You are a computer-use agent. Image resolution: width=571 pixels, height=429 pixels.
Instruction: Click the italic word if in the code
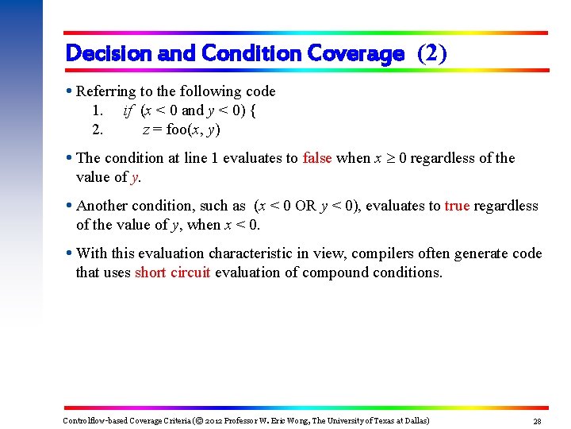[x=128, y=110]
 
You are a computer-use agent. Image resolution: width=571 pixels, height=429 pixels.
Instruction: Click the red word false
[x=317, y=158]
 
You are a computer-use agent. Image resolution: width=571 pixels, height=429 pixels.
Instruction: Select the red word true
[x=457, y=206]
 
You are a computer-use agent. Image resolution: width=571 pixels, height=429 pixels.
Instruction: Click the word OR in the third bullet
[x=305, y=206]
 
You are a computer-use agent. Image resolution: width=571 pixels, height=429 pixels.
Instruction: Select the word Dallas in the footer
[x=413, y=420]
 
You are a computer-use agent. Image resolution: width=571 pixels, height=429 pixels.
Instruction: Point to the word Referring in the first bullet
[x=105, y=91]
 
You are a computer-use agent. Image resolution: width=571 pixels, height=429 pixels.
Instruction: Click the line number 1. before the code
[x=97, y=110]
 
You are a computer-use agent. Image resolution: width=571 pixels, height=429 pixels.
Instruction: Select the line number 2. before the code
[x=97, y=129]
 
